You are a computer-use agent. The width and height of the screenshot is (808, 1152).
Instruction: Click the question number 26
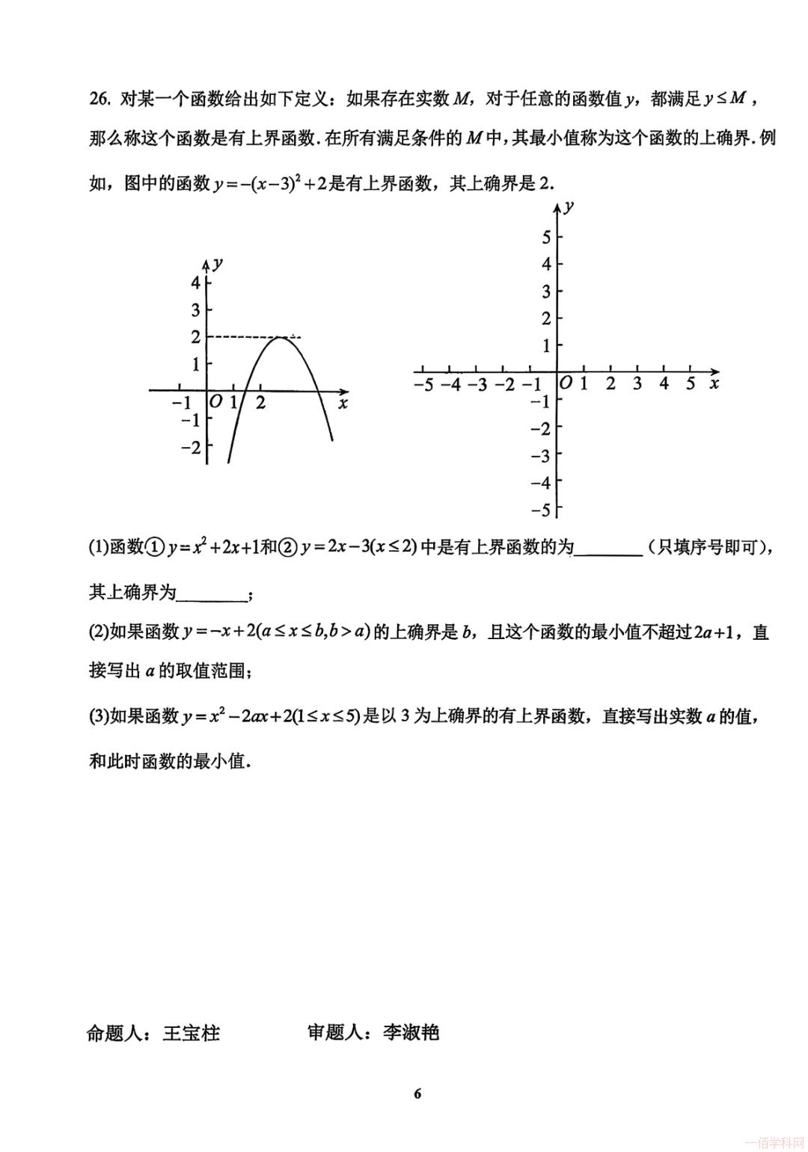100,99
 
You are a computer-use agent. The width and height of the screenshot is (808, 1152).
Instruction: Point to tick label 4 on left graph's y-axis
196,283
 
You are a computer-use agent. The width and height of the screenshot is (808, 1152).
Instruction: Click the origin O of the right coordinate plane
566,384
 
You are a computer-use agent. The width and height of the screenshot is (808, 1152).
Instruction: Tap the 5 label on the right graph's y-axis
546,238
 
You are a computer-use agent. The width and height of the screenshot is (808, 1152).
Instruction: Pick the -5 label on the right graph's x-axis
423,385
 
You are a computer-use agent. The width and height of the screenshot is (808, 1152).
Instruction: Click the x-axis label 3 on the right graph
637,384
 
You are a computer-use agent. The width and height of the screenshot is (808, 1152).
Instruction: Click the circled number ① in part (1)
154,548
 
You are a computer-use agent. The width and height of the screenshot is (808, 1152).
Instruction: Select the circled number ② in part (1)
288,548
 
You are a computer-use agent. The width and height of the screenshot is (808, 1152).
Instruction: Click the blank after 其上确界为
212,594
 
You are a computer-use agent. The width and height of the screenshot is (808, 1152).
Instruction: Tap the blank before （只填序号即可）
608,549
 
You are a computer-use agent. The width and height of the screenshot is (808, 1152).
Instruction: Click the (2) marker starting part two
99,632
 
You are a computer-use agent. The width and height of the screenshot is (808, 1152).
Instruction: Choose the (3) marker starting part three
99,716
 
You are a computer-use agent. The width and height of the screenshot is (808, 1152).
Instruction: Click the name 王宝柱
192,1033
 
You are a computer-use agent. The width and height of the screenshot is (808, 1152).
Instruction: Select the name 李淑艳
411,1033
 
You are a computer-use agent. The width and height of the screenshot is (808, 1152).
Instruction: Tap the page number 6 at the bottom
417,1094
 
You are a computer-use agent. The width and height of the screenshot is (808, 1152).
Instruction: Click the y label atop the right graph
569,207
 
